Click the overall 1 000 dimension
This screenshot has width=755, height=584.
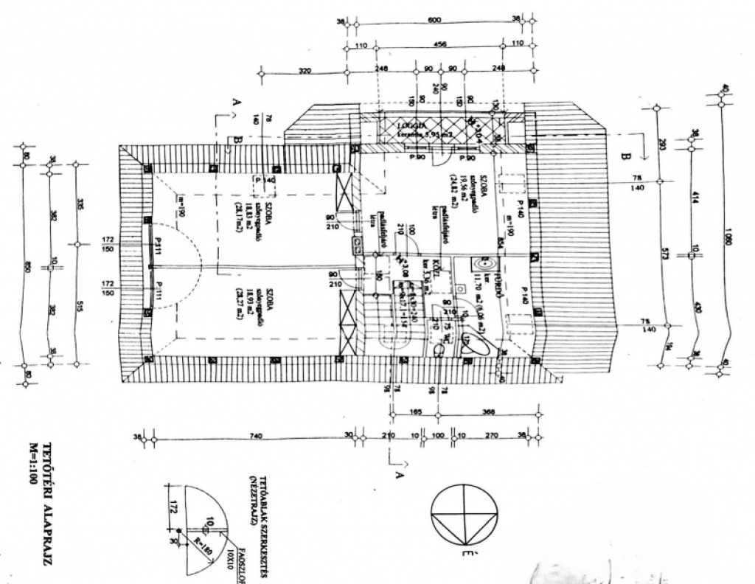[x=729, y=244]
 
